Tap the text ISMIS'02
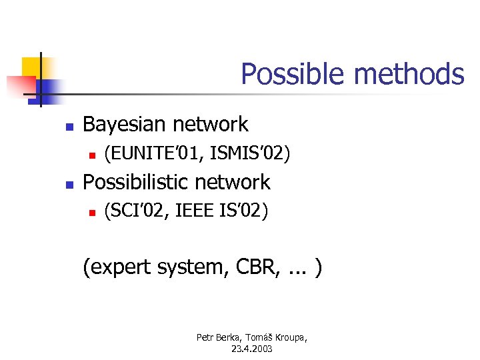click(249, 155)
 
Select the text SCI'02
click(135, 212)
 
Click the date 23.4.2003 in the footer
click(251, 349)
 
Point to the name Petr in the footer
click(205, 338)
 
